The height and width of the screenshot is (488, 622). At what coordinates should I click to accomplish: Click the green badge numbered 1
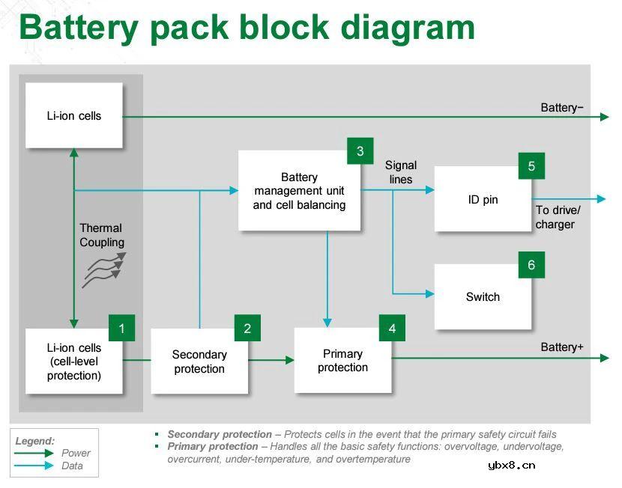click(x=121, y=328)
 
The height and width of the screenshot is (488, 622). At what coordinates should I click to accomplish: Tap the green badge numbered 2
click(x=247, y=328)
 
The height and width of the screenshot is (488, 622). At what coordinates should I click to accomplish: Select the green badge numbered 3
click(x=360, y=151)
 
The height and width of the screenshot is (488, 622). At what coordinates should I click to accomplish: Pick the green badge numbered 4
click(x=392, y=328)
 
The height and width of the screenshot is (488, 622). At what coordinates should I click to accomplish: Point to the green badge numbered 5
click(x=531, y=166)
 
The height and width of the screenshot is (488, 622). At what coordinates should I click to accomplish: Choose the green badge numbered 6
click(x=531, y=265)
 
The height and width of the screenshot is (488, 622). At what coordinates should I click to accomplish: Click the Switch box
click(x=483, y=297)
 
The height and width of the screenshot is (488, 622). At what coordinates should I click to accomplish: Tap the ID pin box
click(x=483, y=200)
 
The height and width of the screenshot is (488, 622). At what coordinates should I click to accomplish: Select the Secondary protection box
click(x=199, y=362)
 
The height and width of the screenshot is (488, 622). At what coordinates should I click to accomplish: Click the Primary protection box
click(x=342, y=360)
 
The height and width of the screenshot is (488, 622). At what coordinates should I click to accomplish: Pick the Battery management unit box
click(x=299, y=191)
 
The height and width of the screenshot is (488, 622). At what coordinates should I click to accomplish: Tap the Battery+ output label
click(x=562, y=347)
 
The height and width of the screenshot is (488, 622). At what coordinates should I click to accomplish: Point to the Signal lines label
click(x=401, y=172)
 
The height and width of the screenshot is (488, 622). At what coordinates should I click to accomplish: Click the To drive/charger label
click(x=558, y=217)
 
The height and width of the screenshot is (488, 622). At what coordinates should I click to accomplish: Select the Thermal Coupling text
click(x=102, y=235)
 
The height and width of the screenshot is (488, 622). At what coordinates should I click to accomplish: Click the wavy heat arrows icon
click(x=103, y=269)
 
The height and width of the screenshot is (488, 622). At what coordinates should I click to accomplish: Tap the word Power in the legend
click(x=76, y=453)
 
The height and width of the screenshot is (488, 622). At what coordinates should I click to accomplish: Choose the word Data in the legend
click(x=72, y=466)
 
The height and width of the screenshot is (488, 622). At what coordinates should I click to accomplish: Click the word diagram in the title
click(x=408, y=27)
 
